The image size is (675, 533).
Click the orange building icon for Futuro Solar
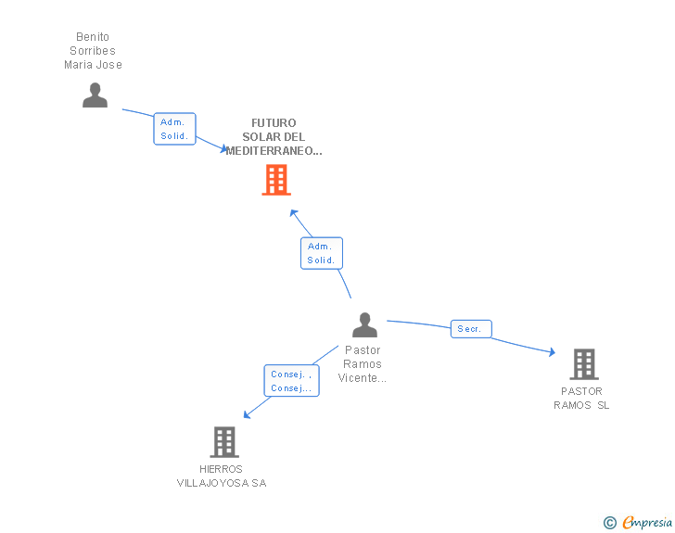276,180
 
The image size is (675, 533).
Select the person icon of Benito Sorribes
95,95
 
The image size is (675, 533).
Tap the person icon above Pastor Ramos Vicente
364,325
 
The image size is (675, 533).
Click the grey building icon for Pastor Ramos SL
584,364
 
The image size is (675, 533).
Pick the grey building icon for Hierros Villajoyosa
224,442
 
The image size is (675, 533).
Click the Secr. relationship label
471,329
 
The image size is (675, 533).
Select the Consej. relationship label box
291,381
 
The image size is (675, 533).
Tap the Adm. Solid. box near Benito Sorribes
174,129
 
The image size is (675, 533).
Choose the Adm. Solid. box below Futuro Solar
322,253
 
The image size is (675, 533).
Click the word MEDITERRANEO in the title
271,151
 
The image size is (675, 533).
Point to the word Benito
93,36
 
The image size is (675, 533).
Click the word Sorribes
93,51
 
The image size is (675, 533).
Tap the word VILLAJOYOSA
212,483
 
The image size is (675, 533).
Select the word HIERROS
221,469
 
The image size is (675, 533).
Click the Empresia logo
647,522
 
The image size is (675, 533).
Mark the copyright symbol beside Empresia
610,523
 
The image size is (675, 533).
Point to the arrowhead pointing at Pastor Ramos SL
553,352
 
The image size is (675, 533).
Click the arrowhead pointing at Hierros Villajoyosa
247,414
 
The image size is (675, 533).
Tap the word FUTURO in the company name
274,123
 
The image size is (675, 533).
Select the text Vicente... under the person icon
362,378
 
